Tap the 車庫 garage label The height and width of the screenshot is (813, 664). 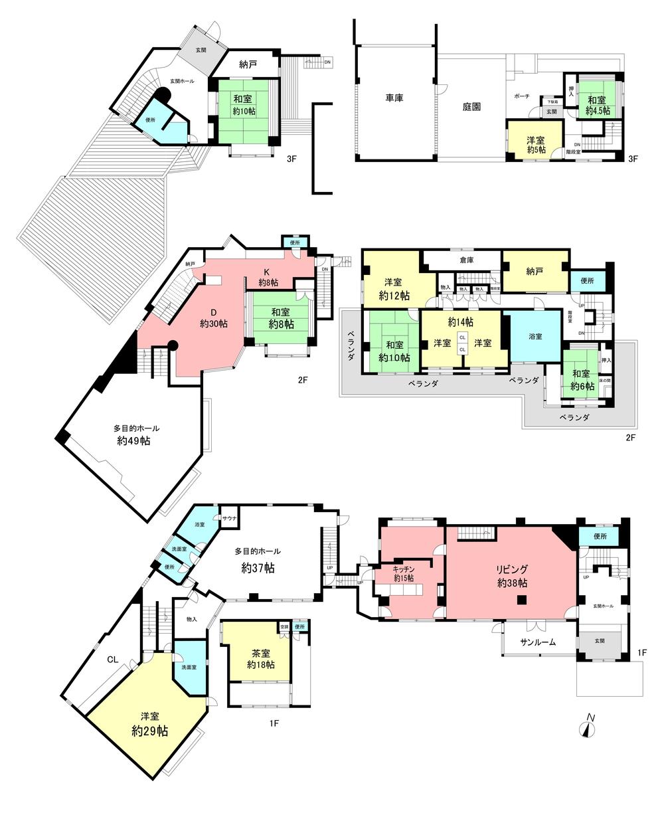point(396,98)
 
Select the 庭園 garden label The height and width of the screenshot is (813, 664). point(471,106)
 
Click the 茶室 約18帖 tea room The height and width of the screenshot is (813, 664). point(256,658)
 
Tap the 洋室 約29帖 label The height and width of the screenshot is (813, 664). point(149,724)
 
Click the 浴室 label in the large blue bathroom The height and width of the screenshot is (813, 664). point(534,336)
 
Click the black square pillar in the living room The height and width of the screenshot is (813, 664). point(522,600)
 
